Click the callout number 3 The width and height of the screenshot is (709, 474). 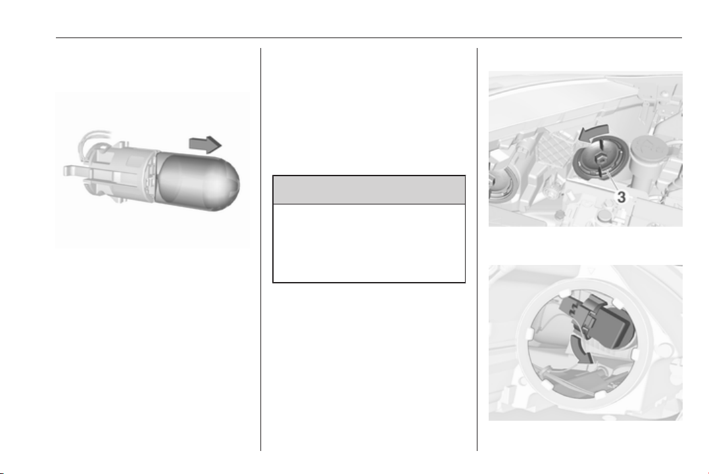622,197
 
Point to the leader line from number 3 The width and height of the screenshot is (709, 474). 610,180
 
